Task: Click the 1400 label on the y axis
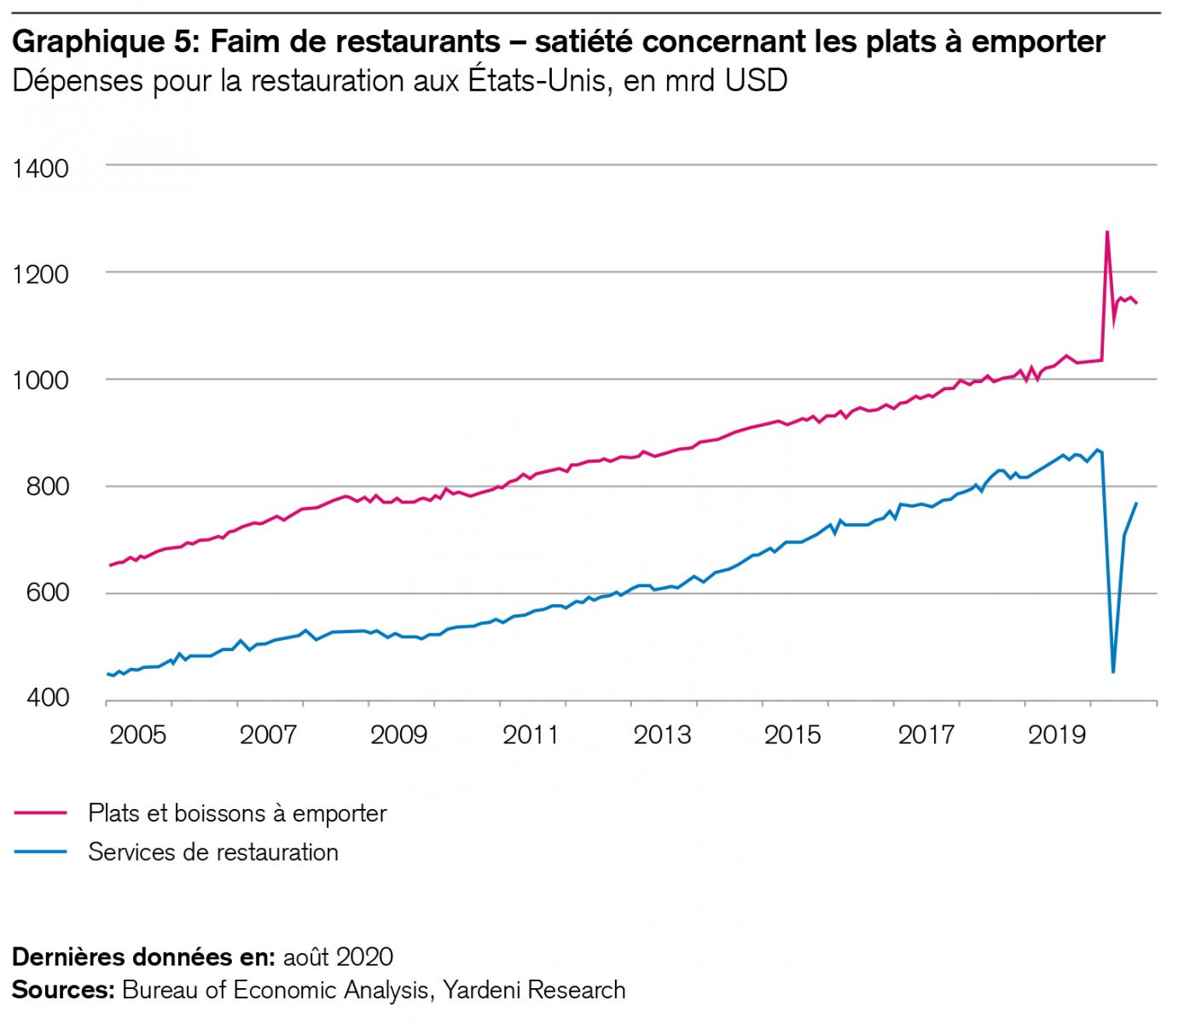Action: [x=41, y=168]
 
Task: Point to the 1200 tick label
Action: [x=41, y=275]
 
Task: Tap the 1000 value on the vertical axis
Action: [x=41, y=381]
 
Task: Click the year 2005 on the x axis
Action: [x=138, y=735]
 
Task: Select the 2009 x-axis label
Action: [x=399, y=735]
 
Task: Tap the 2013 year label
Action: [x=662, y=735]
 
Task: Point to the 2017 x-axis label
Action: [x=926, y=735]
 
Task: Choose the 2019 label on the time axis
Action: [x=1056, y=735]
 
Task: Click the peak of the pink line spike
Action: [x=1106, y=231]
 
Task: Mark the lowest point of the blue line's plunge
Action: [x=1113, y=672]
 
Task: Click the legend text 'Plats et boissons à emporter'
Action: [x=237, y=813]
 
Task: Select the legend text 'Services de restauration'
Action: [x=213, y=852]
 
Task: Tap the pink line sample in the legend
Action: [x=40, y=813]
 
